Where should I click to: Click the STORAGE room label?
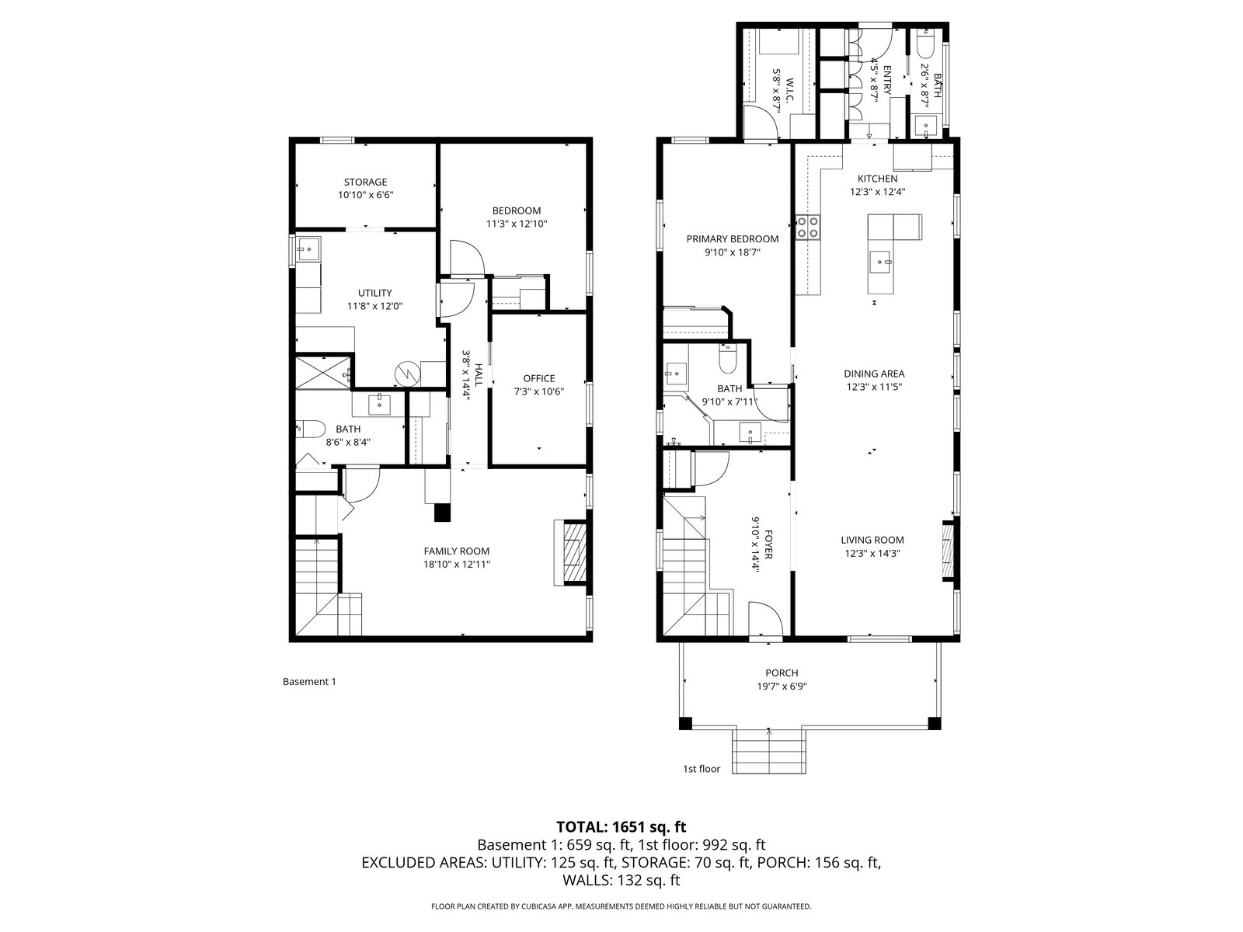coord(365,183)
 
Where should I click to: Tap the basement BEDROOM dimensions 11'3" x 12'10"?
coord(517,224)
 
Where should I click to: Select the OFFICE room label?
coord(539,378)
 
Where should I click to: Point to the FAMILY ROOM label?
coord(457,551)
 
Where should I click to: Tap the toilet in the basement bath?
coord(310,429)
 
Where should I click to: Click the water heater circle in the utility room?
coord(406,373)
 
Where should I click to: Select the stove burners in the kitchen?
coord(807,227)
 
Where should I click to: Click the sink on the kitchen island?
coord(881,262)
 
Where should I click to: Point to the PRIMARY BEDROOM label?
coord(733,239)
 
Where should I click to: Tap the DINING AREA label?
coord(874,374)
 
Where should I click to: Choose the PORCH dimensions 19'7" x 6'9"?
coord(782,687)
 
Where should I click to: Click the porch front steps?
coord(769,750)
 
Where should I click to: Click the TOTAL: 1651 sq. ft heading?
coord(621,826)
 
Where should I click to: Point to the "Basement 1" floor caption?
coord(309,682)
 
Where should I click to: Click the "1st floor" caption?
coord(701,769)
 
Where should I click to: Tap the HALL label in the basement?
coord(479,374)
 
